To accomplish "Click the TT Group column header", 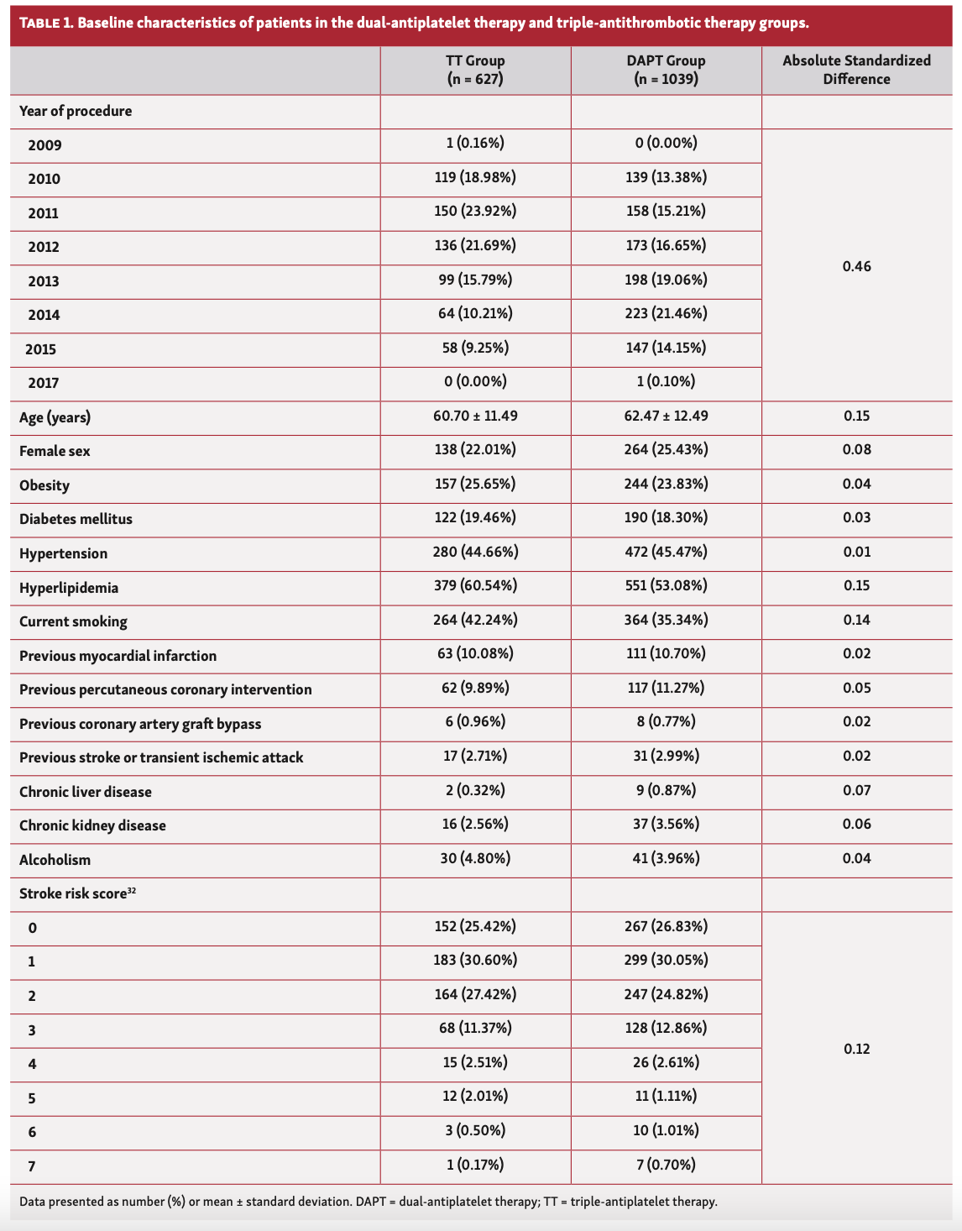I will (475, 70).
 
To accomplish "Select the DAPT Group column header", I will (667, 70).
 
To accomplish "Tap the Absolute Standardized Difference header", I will (856, 70).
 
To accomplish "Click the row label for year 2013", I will (44, 281).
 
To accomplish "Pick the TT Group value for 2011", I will (475, 211).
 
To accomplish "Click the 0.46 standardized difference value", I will (856, 266).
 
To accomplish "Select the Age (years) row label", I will (55, 417).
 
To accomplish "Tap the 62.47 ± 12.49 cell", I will (667, 416).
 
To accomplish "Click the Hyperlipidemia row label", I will (69, 588).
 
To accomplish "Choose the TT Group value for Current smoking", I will (475, 620).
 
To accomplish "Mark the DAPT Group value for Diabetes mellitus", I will (667, 518).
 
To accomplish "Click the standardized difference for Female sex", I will (856, 449).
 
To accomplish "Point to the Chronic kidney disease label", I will (92, 825).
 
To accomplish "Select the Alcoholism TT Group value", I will (475, 858).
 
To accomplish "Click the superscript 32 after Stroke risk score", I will (132, 890).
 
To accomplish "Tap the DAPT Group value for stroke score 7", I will (667, 1164).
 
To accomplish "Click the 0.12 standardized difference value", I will (856, 1048).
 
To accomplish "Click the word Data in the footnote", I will (33, 1202).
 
